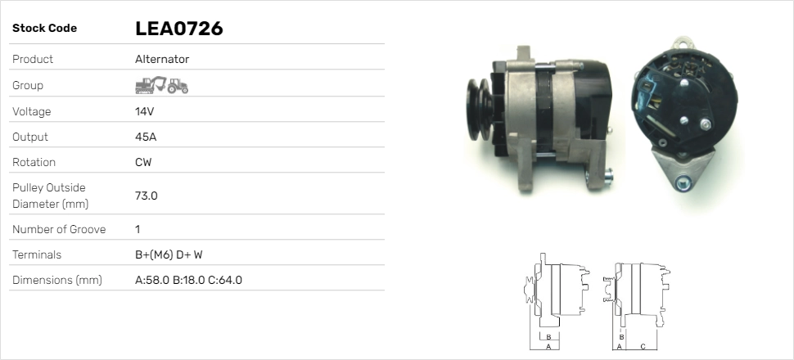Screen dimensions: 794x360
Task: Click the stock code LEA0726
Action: pos(178,29)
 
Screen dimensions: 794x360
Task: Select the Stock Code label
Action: pos(44,29)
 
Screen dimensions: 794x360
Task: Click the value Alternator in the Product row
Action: pos(162,59)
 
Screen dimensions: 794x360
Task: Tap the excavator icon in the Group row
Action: pos(151,85)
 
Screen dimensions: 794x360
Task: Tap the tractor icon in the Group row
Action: pos(178,86)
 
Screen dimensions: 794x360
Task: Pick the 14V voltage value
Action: pos(144,111)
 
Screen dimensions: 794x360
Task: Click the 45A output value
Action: pos(146,137)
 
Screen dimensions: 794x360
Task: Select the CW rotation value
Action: pos(143,162)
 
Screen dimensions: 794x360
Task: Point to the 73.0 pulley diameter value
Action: pos(147,196)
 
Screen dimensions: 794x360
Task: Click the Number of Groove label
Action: pos(59,229)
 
